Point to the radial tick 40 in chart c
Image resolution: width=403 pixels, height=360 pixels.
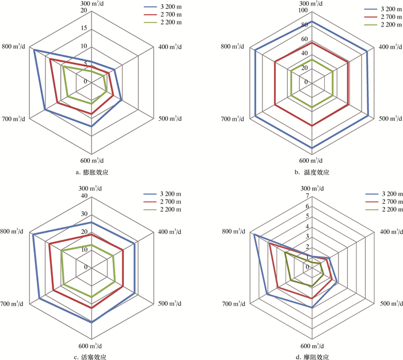click(x=84, y=196)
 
